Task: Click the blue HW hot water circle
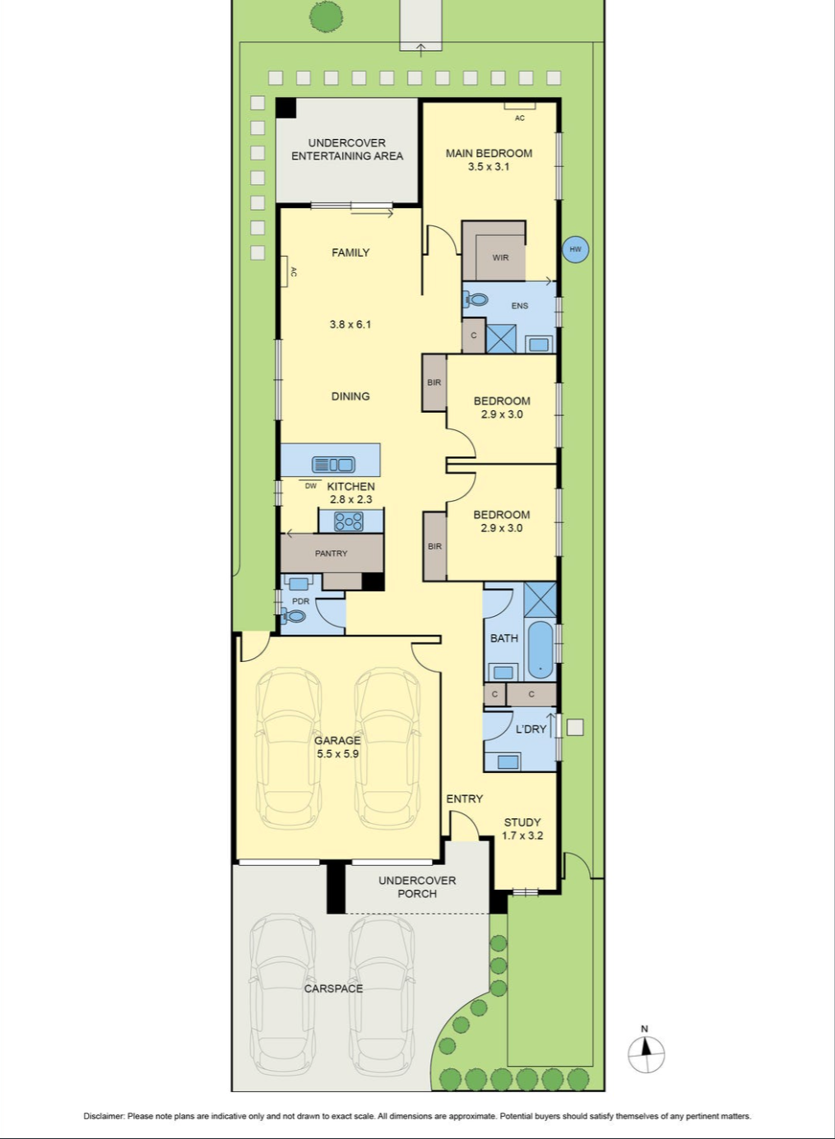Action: click(x=575, y=249)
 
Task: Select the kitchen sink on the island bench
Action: click(x=334, y=465)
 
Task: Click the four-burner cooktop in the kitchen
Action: click(x=348, y=521)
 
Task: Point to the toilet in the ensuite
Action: click(x=475, y=299)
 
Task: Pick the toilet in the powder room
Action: click(x=292, y=617)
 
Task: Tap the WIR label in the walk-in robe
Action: click(x=500, y=257)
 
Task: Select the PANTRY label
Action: click(x=331, y=553)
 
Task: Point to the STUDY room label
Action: click(x=522, y=822)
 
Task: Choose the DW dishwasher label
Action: click(x=311, y=485)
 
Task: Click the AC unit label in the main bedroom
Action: click(x=519, y=118)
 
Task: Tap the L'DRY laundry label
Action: click(x=531, y=729)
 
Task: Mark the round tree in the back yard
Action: click(x=326, y=18)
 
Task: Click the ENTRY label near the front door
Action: click(x=464, y=799)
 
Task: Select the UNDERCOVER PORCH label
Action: click(x=417, y=887)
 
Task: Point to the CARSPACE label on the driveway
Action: click(x=334, y=989)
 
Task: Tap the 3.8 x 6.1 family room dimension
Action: click(x=350, y=324)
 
